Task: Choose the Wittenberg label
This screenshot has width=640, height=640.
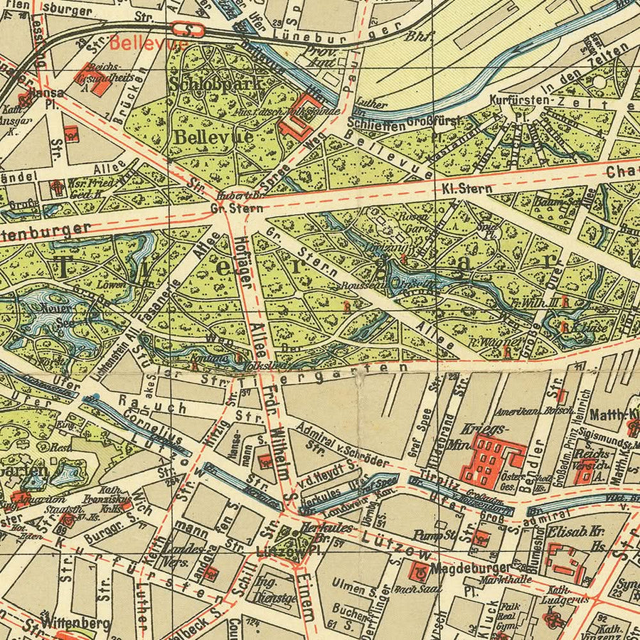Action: [75, 623]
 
